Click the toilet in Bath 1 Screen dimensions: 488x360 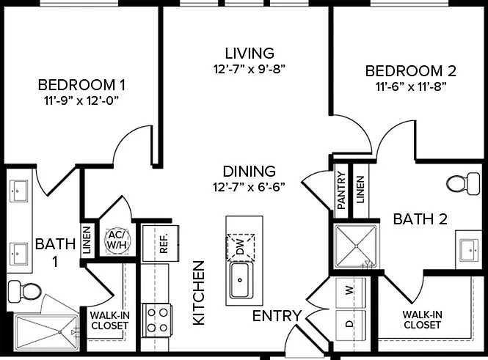25,291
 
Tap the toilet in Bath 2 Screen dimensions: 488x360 463,184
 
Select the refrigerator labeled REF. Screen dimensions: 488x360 161,243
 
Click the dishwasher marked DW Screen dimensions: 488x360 241,248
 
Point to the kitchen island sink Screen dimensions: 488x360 239,280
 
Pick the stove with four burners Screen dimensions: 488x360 156,320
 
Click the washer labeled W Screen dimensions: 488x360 351,291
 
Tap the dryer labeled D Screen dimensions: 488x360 351,324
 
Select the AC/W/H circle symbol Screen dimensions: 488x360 117,240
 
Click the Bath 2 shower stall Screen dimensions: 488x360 355,246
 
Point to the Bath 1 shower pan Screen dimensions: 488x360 47,332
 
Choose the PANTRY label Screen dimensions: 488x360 341,190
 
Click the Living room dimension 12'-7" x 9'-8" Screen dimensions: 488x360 250,69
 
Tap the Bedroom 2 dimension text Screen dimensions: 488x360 411,87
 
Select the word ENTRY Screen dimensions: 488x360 277,316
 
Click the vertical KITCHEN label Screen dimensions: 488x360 199,293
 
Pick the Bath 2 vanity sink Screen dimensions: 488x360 470,250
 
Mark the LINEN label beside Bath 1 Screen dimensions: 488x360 87,240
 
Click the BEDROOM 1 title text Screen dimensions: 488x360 81,85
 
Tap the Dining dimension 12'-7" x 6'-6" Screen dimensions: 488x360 249,187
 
